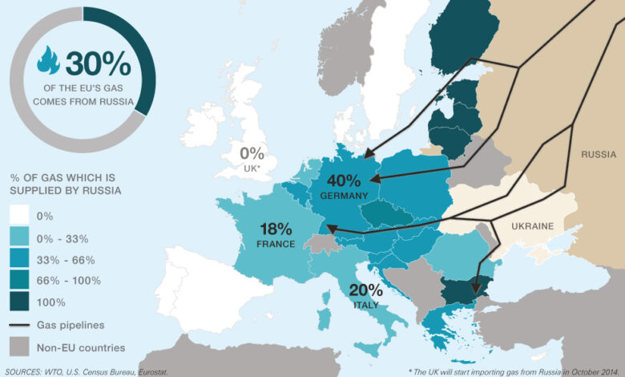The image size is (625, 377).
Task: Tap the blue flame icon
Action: click(48, 61)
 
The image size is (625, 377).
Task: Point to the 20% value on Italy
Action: click(364, 290)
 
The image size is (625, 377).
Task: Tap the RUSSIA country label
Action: click(598, 154)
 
